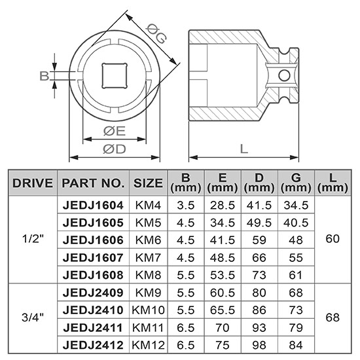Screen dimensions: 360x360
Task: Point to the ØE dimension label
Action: pyautogui.click(x=115, y=131)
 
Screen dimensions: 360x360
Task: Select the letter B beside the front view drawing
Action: pyautogui.click(x=44, y=76)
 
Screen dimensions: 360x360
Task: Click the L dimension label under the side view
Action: pyautogui.click(x=243, y=148)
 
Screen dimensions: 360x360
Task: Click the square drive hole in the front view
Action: pyautogui.click(x=115, y=76)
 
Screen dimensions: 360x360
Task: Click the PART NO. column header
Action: pyautogui.click(x=92, y=183)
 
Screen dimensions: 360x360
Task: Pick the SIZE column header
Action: pyautogui.click(x=148, y=183)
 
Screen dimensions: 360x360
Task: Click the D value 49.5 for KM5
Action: pyautogui.click(x=260, y=223)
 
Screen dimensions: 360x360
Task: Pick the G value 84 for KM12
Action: pyautogui.click(x=297, y=342)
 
